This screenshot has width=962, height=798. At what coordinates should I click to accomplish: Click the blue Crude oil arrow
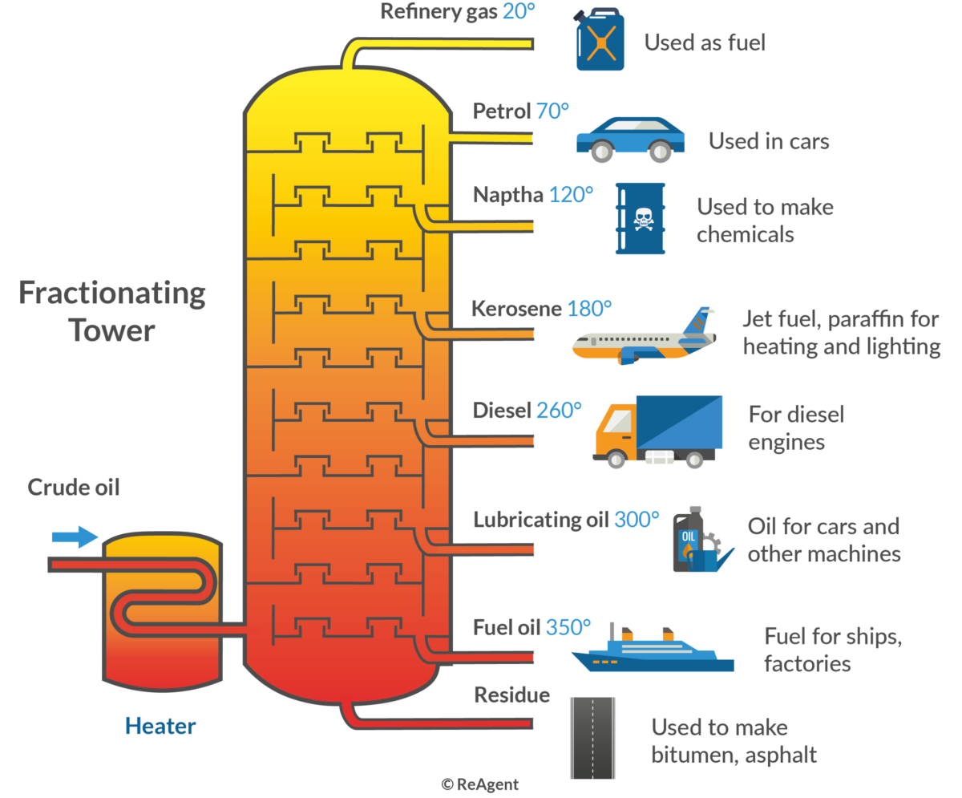75,537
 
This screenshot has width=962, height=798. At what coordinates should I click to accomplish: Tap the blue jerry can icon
600,39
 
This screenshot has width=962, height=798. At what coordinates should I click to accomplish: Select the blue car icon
630,140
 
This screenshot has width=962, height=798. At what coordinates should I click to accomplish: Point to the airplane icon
644,336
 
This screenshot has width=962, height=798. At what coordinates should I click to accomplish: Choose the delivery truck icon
657,431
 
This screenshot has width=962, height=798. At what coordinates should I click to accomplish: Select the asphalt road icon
592,738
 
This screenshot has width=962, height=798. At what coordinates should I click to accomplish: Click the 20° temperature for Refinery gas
519,11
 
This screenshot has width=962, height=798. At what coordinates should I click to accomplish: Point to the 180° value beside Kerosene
590,309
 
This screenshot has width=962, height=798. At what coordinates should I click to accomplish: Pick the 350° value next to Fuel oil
568,627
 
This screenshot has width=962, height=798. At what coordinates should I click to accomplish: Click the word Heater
160,726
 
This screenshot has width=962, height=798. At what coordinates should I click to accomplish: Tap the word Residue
512,695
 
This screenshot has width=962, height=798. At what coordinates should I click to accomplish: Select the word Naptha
508,196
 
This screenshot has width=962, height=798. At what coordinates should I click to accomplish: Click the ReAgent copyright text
479,784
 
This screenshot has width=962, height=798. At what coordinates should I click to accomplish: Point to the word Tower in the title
112,330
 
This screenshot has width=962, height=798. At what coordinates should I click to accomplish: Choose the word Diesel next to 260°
502,411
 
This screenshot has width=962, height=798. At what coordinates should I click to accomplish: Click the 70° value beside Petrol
552,111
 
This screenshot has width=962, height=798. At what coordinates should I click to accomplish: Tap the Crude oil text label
74,488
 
